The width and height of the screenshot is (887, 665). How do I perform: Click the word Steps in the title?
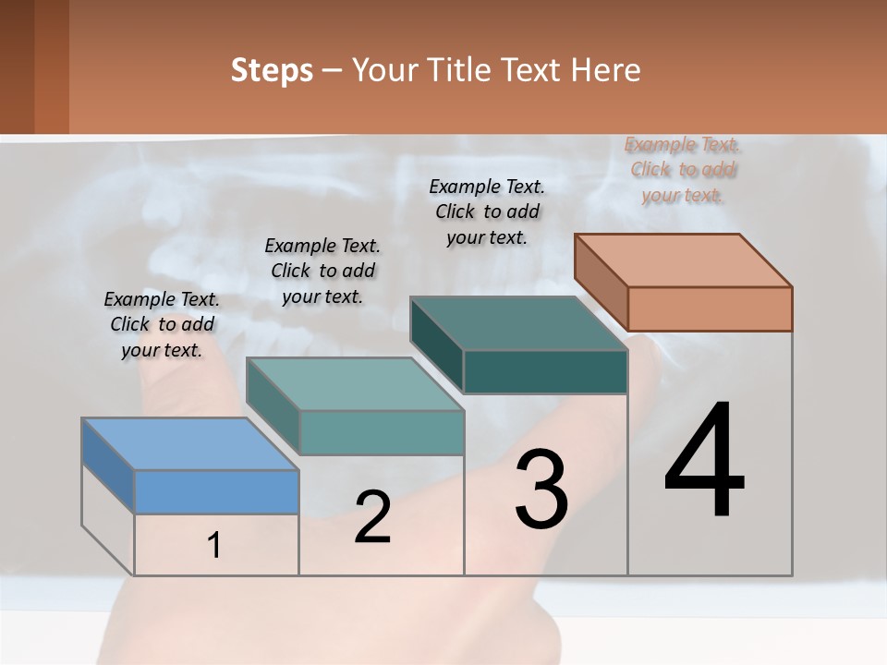click(x=271, y=70)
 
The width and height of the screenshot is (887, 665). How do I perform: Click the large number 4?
click(x=705, y=462)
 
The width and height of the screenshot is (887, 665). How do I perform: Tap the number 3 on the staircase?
click(x=541, y=490)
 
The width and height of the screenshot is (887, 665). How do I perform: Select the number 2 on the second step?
click(x=372, y=517)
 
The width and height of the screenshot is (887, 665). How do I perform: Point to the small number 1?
click(x=214, y=546)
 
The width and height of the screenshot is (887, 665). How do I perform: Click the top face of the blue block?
click(x=190, y=444)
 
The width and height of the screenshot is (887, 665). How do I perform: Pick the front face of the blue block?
click(x=216, y=491)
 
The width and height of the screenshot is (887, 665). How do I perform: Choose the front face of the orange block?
click(x=710, y=308)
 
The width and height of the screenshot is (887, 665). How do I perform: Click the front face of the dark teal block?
click(x=545, y=371)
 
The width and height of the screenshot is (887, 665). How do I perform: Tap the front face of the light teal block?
click(x=381, y=432)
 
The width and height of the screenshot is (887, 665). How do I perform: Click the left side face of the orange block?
click(x=601, y=282)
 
